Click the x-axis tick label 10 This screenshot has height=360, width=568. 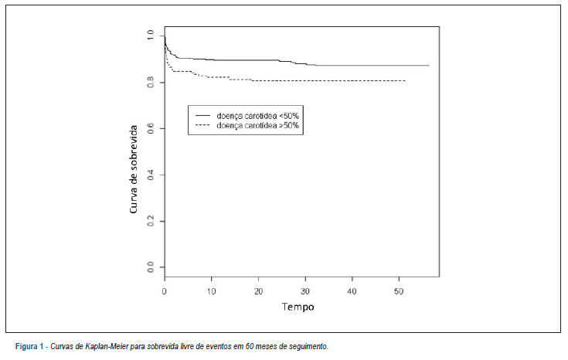click(x=211, y=291)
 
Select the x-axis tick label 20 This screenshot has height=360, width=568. click(x=258, y=291)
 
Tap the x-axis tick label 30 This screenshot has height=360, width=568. click(x=305, y=291)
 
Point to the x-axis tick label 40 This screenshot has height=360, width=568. click(x=352, y=291)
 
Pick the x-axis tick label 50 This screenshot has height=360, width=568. click(x=399, y=291)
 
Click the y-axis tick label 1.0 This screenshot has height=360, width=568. click(x=151, y=36)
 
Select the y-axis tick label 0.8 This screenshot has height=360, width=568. click(x=151, y=83)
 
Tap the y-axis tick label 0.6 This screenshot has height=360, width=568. click(x=151, y=128)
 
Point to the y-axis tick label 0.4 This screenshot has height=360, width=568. click(x=151, y=175)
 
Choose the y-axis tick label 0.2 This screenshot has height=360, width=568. click(x=151, y=221)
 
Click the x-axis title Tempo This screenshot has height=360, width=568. click(x=298, y=307)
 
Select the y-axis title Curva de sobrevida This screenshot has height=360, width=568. click(x=133, y=169)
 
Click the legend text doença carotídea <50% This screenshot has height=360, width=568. click(x=257, y=116)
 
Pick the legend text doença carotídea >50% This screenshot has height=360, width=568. click(x=257, y=126)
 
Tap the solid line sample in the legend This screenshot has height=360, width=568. click(x=202, y=116)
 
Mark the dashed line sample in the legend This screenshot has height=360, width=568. click(x=202, y=125)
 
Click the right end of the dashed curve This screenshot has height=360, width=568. click(x=406, y=80)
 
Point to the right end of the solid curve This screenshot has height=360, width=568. click(x=429, y=66)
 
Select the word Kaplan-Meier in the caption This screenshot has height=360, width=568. click(x=107, y=347)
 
